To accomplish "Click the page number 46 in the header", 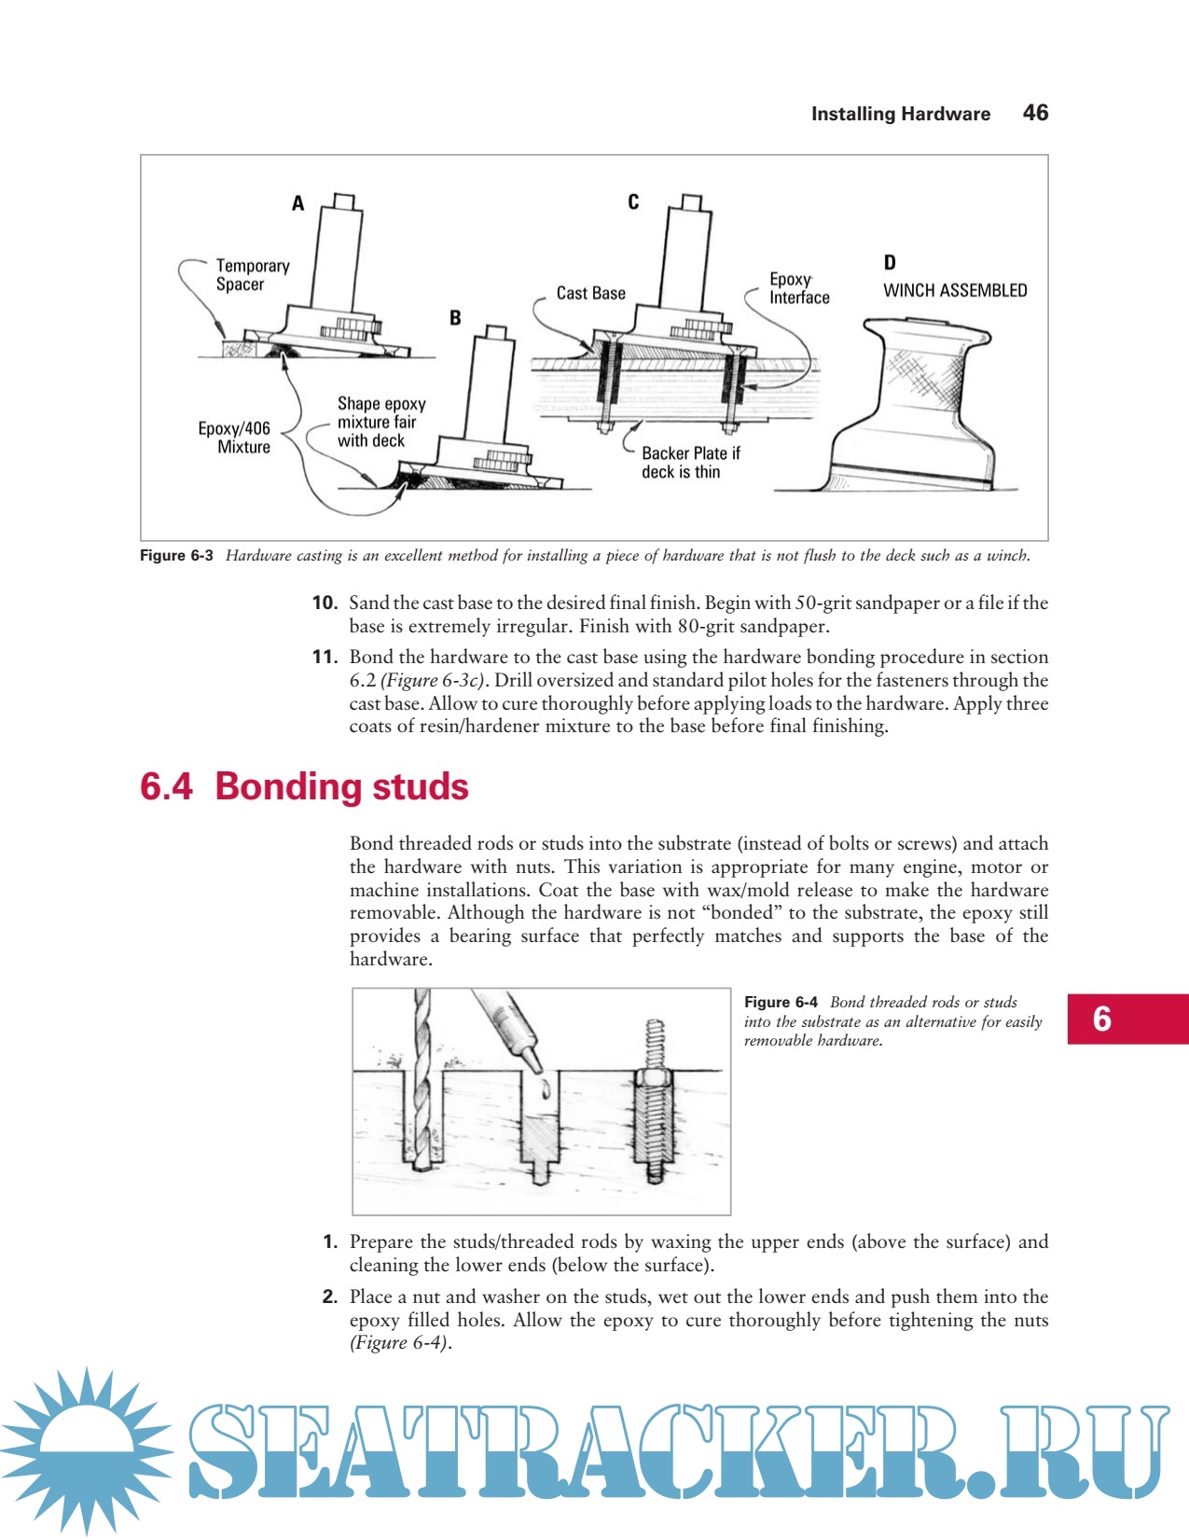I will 1035,113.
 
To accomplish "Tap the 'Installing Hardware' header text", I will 900,114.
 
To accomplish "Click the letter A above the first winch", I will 297,203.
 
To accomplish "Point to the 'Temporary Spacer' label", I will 252,275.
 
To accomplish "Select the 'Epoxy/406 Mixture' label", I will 234,437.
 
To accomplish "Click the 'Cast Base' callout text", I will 590,293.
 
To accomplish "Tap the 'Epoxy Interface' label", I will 798,288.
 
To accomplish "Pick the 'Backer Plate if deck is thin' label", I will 690,463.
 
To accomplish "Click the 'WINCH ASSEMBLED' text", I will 955,290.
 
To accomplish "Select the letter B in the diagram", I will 455,318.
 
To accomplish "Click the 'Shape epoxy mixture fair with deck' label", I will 380,422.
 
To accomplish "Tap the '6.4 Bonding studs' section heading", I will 304,786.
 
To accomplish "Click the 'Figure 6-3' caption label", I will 176,556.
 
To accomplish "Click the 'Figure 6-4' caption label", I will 781,1003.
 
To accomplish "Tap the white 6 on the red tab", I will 1101,1019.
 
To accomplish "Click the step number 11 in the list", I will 324,658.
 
